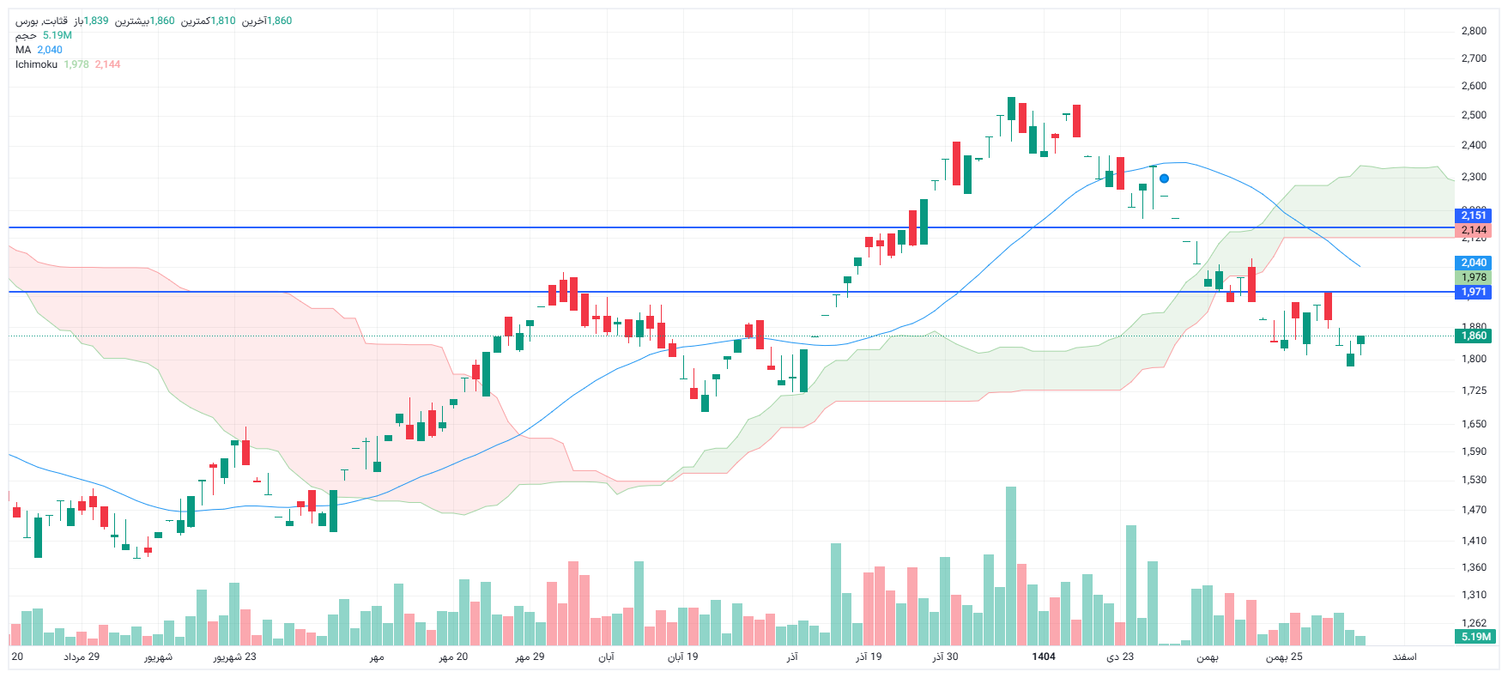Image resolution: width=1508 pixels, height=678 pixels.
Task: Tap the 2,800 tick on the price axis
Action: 1474,31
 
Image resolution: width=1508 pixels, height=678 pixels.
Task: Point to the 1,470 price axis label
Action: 1474,510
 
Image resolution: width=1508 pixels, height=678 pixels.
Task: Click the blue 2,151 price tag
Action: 1474,215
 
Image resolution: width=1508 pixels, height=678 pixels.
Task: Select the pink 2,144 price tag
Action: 1474,230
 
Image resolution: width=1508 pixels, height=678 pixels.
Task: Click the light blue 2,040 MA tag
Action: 1474,263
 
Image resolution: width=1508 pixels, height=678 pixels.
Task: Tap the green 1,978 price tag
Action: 1474,277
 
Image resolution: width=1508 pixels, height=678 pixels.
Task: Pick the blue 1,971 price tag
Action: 1474,292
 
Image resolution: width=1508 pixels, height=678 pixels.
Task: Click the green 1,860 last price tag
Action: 1474,336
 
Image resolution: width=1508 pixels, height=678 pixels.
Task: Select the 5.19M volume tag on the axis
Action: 1475,637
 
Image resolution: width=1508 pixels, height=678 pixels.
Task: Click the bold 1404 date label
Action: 1044,657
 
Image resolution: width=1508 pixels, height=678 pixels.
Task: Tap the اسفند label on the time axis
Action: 1404,657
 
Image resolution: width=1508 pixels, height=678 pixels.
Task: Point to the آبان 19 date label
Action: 683,657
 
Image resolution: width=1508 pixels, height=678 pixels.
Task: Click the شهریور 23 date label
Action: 235,657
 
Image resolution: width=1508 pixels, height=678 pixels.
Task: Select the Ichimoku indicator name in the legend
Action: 36,64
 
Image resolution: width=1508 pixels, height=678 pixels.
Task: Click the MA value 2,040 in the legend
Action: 50,50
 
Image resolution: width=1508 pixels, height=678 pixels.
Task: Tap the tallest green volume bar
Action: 1011,566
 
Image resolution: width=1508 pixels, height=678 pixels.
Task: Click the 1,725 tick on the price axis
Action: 1474,390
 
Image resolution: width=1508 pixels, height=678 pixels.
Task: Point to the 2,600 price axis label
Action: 1474,86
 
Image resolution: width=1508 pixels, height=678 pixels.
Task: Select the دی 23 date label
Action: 1120,657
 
